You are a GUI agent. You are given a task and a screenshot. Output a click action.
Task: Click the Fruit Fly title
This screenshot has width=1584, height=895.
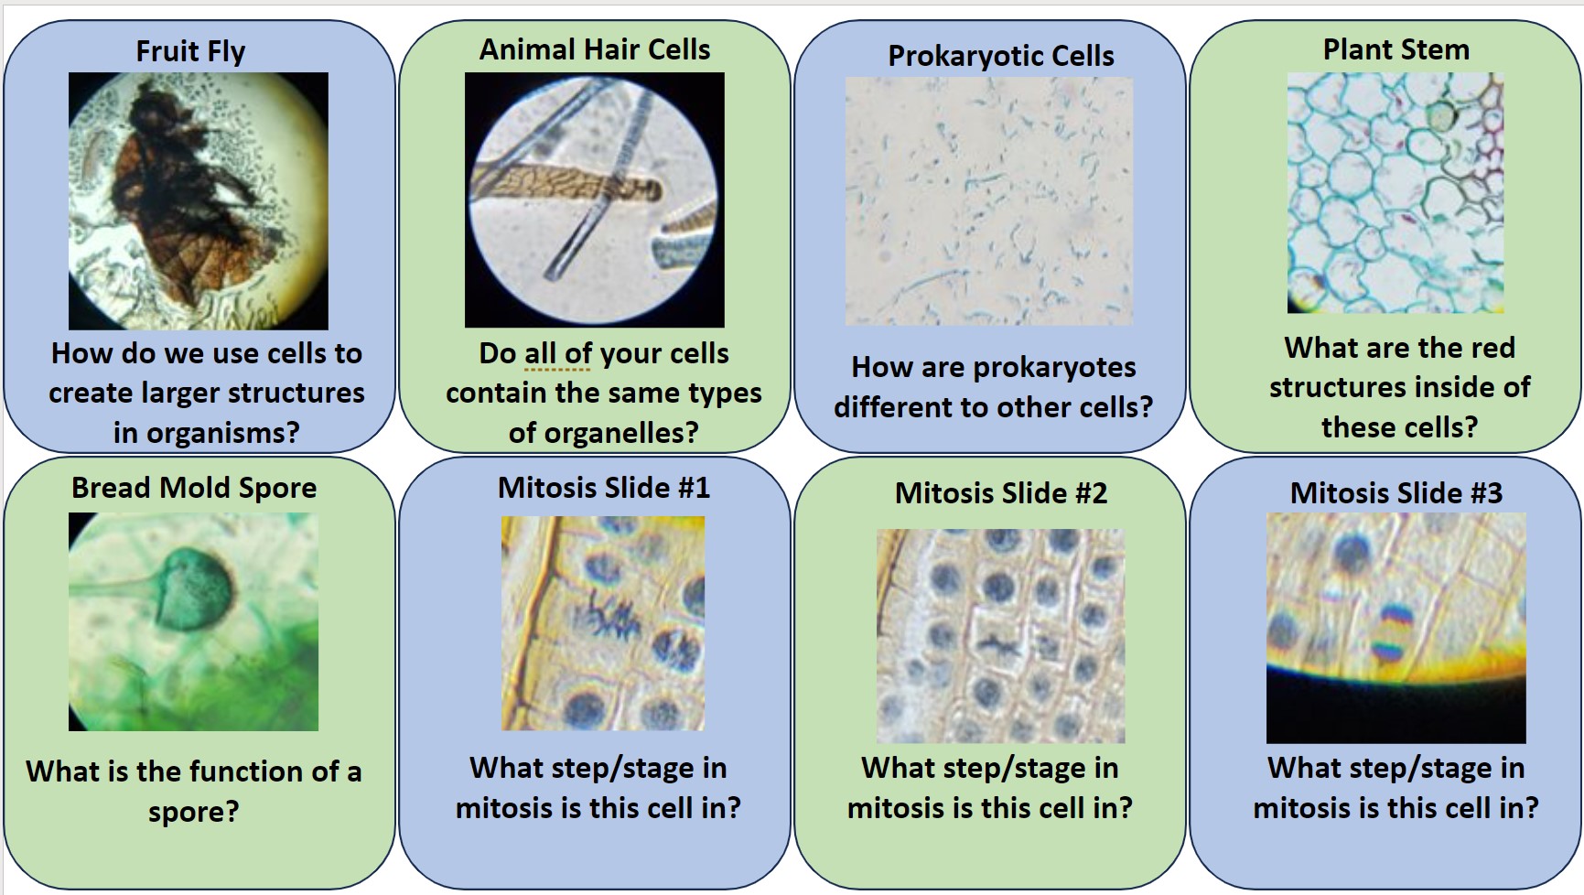[190, 51]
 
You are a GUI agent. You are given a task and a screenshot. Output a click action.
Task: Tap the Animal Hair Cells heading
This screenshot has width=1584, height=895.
[595, 49]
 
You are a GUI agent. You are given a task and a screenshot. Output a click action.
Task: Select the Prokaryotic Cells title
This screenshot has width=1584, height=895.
[1001, 56]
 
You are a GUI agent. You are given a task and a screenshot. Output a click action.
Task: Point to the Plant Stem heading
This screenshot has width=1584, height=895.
[1396, 49]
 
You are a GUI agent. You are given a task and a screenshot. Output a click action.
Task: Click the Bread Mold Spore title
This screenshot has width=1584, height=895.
[194, 488]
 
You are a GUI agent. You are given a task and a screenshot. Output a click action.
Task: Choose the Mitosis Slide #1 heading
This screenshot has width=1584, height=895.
[604, 488]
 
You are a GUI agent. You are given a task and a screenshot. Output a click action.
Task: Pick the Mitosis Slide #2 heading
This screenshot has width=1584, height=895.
[1001, 493]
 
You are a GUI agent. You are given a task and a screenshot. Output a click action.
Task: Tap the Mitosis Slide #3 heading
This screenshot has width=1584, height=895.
[1396, 493]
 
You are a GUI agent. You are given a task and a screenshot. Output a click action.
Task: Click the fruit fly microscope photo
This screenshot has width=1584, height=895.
[199, 201]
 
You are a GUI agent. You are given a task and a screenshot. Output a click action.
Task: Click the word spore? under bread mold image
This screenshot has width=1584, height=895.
[194, 812]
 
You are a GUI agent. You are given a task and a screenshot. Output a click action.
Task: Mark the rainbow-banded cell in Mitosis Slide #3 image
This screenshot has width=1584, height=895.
[1391, 631]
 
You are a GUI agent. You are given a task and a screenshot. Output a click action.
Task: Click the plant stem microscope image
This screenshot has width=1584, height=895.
[1395, 193]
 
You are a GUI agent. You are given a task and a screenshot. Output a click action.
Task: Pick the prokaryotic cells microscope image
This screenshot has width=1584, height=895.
[989, 201]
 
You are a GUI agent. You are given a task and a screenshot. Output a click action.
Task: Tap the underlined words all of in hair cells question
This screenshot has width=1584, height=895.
[558, 353]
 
